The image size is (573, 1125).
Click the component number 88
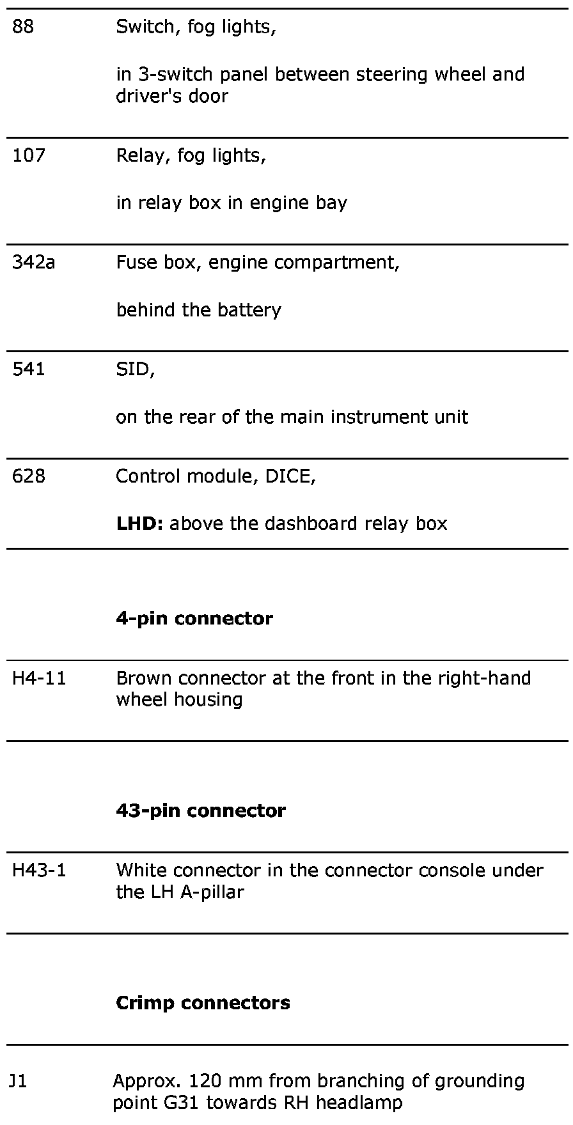tap(23, 27)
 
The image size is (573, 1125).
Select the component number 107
tap(29, 155)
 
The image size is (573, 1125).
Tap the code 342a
tap(33, 263)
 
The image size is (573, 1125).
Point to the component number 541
tap(29, 369)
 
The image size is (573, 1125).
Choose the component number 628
tap(29, 476)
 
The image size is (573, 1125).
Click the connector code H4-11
tap(39, 678)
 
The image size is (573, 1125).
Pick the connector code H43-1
tap(39, 870)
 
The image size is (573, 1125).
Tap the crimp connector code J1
tap(18, 1081)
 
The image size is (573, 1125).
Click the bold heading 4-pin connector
tap(194, 619)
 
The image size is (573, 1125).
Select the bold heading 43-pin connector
tap(201, 811)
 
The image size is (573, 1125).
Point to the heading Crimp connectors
tap(203, 1002)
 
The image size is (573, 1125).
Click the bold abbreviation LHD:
tap(140, 524)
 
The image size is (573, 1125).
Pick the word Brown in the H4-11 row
tap(145, 678)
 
